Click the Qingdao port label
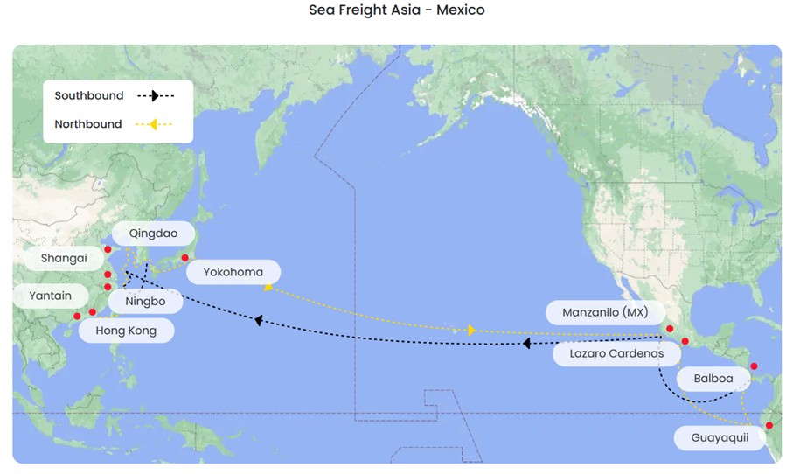pos(153,234)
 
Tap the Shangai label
pos(64,258)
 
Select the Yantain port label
pos(50,296)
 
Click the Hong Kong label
pos(126,331)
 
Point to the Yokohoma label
pos(233,272)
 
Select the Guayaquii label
pos(720,437)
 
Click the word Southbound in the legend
pos(89,95)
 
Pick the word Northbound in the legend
pos(88,124)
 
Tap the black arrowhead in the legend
pos(154,96)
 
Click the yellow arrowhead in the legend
pos(152,125)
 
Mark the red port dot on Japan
pos(184,258)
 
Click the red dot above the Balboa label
pos(754,366)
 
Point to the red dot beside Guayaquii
pos(769,426)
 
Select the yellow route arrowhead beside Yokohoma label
pos(268,287)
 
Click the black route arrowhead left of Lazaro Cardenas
pos(526,344)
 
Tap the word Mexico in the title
pos(456,10)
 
